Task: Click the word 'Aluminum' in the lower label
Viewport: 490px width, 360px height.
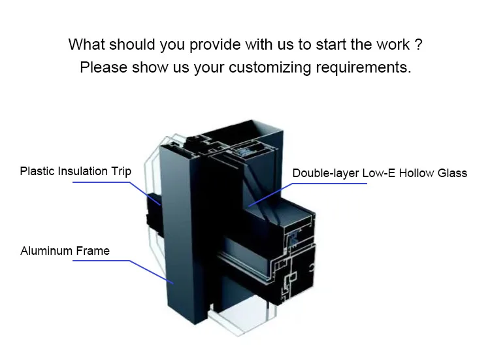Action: [47, 251]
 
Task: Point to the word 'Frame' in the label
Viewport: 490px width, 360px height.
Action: [93, 251]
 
